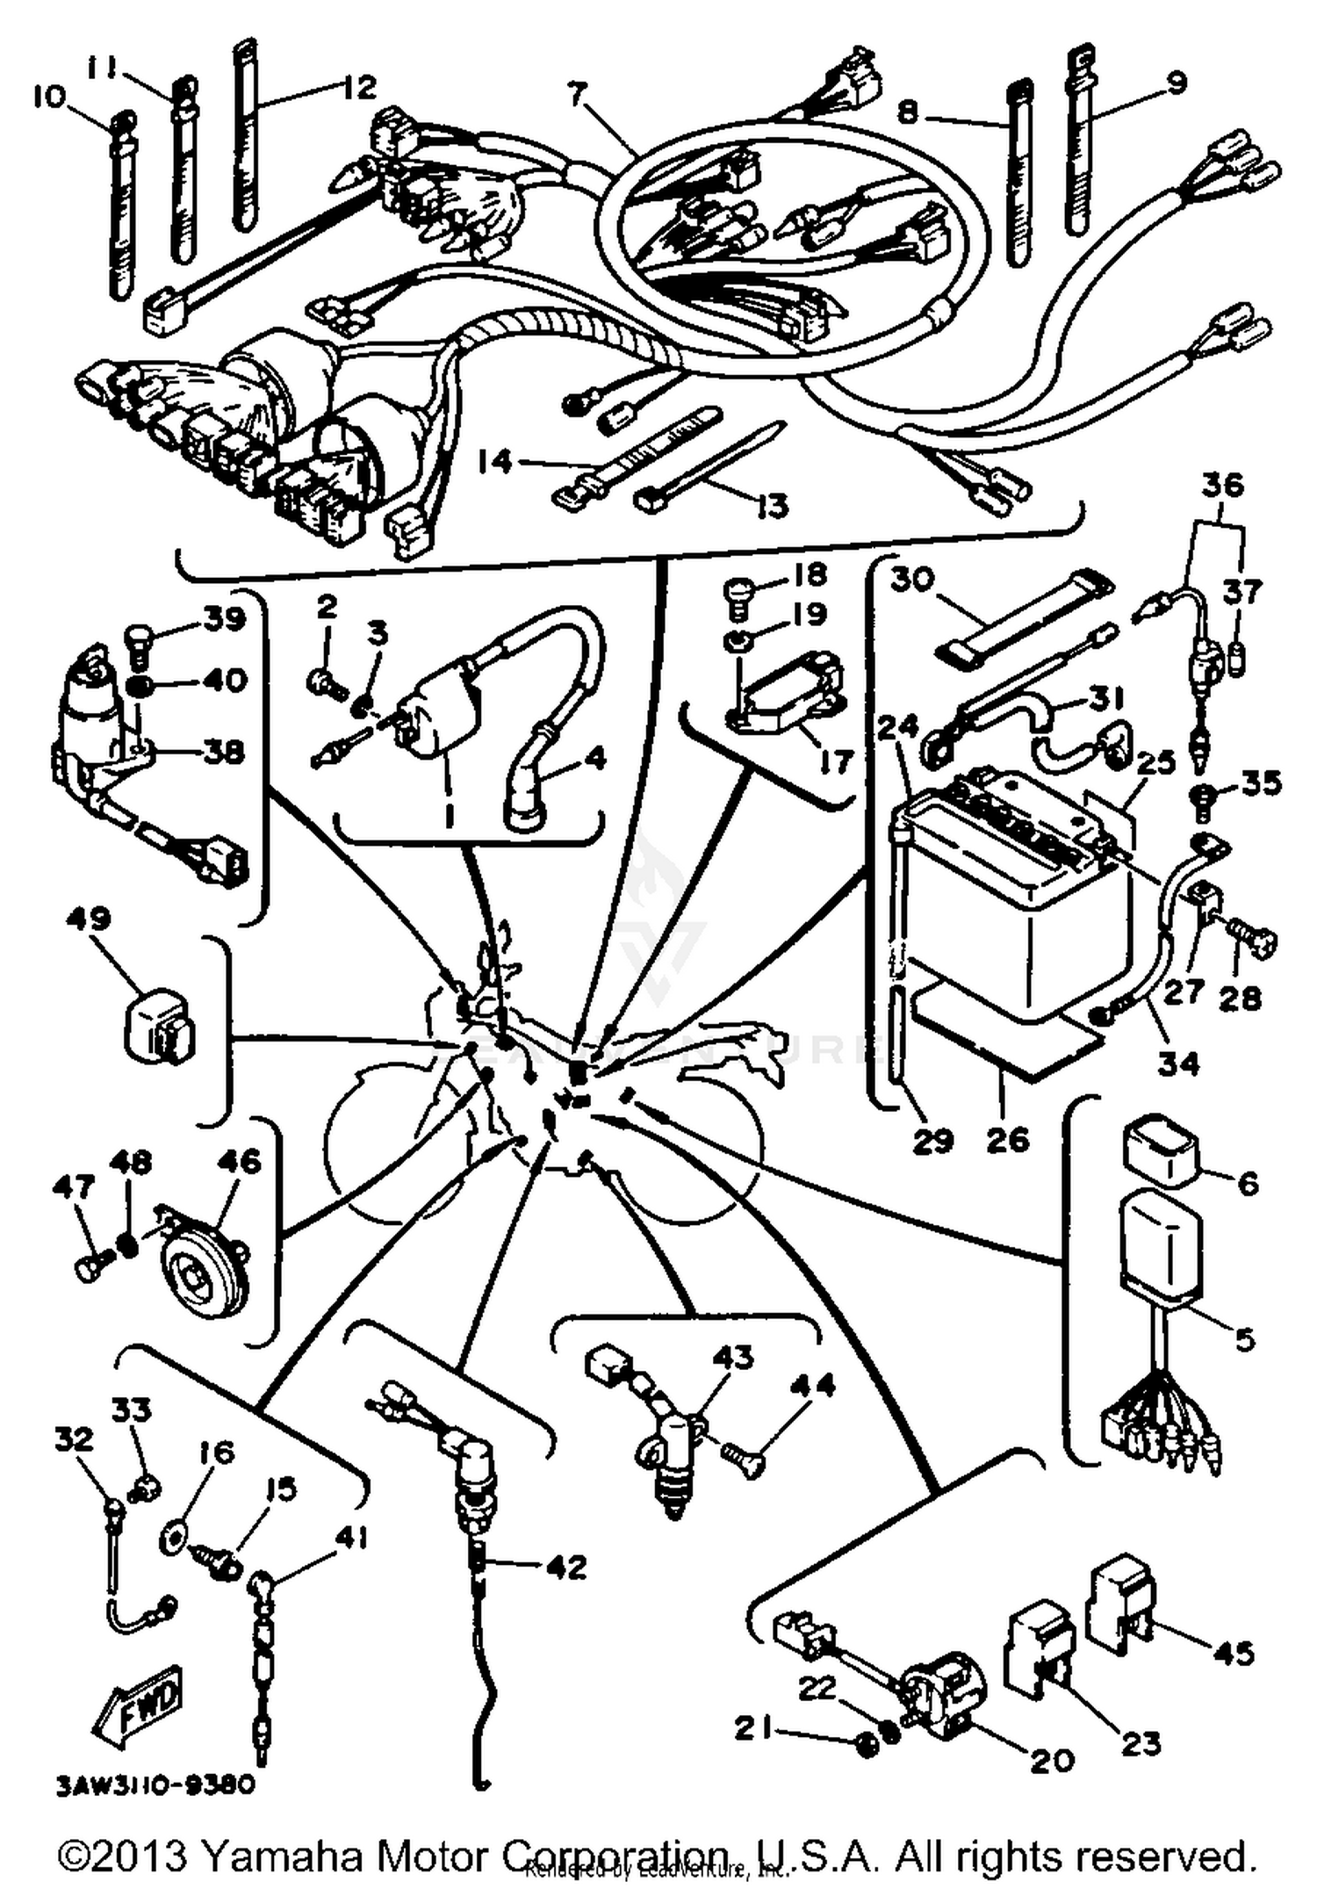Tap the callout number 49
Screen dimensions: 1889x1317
click(x=88, y=919)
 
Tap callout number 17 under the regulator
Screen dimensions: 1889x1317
click(x=836, y=761)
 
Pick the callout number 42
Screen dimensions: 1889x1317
click(x=565, y=1567)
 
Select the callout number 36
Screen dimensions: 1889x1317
click(x=1222, y=485)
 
